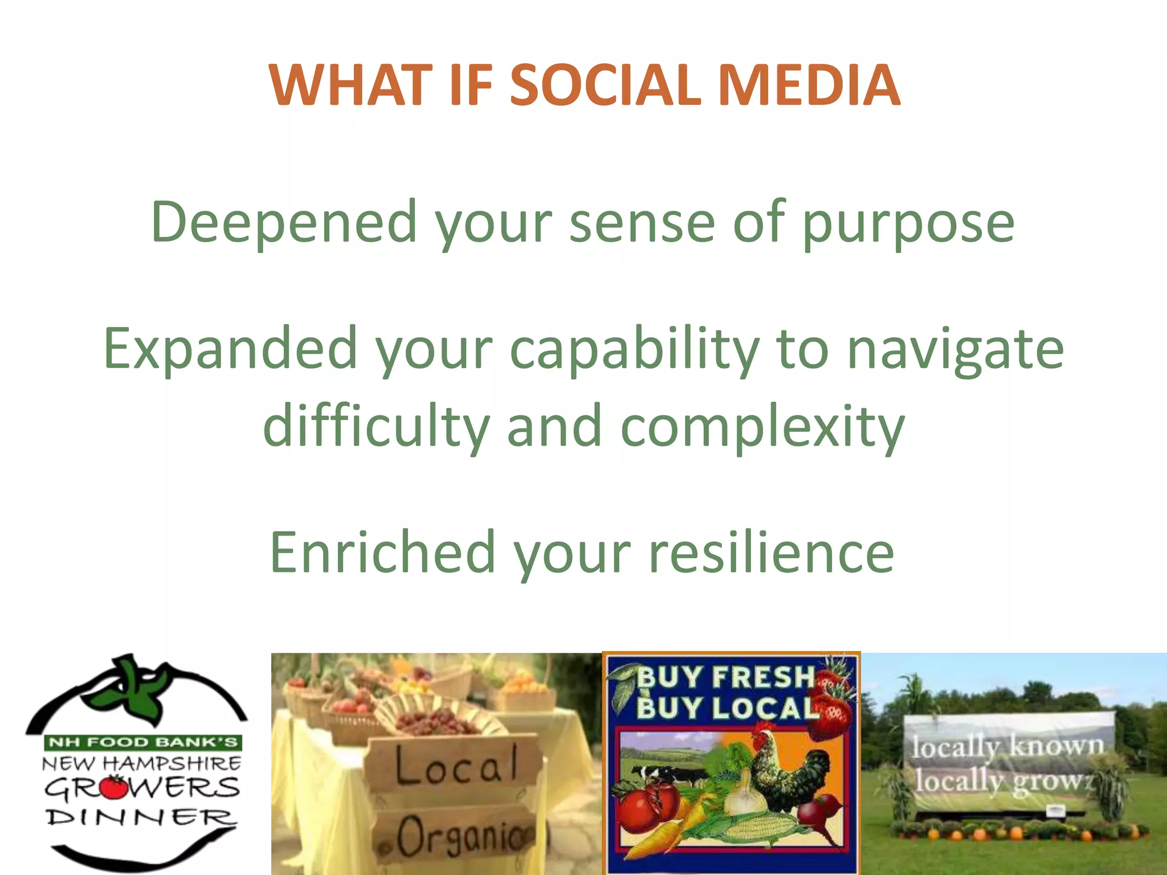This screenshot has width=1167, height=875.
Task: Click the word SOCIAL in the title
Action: [604, 85]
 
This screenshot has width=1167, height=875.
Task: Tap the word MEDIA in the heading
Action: [809, 85]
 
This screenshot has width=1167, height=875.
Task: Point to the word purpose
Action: [908, 225]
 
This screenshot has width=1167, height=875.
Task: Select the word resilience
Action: [772, 551]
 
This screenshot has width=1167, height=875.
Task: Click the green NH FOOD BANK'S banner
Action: [142, 742]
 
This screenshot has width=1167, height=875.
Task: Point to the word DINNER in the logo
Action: [140, 817]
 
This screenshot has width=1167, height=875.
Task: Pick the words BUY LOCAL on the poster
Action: [727, 708]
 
